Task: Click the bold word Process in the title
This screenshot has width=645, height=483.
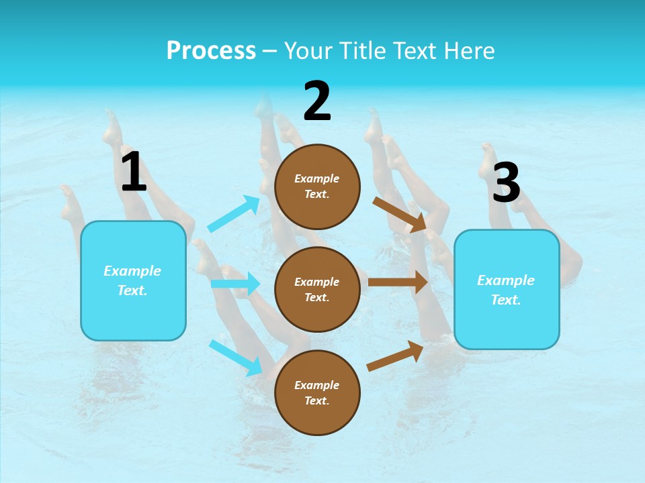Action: pyautogui.click(x=211, y=51)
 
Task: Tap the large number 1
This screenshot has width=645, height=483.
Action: pyautogui.click(x=134, y=172)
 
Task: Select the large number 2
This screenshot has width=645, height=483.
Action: pyautogui.click(x=317, y=101)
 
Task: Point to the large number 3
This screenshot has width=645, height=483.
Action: pyautogui.click(x=506, y=183)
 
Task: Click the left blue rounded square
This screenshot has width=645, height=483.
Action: pyautogui.click(x=133, y=280)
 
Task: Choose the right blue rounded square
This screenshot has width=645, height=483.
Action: pyautogui.click(x=507, y=290)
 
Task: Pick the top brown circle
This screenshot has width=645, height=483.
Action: pyautogui.click(x=317, y=186)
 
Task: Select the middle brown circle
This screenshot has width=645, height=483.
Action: pyautogui.click(x=317, y=290)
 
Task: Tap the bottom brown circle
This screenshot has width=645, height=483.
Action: pyautogui.click(x=317, y=393)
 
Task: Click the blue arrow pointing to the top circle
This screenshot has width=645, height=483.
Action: pyautogui.click(x=234, y=214)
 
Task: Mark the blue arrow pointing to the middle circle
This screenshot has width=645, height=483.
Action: pyautogui.click(x=235, y=284)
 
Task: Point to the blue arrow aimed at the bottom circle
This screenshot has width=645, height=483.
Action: pyautogui.click(x=236, y=358)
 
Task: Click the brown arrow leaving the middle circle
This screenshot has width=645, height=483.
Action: pyautogui.click(x=398, y=282)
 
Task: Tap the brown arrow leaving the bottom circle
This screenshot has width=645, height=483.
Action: pyautogui.click(x=395, y=356)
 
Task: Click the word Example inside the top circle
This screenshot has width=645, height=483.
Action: pyautogui.click(x=317, y=178)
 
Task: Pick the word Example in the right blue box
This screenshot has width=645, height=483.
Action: pyautogui.click(x=506, y=280)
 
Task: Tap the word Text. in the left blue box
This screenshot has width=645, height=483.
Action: pyautogui.click(x=133, y=290)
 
